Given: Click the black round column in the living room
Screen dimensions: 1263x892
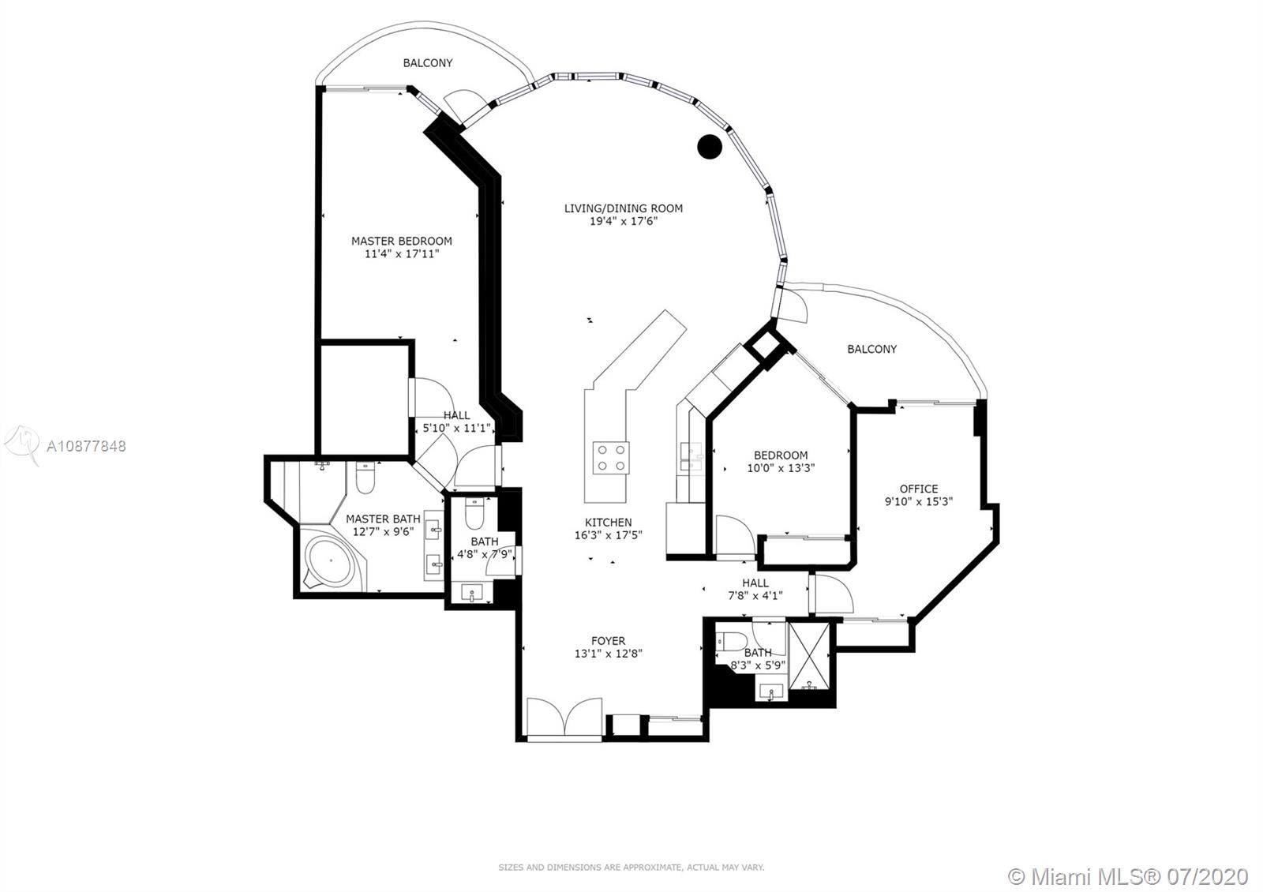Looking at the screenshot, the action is click(x=710, y=147).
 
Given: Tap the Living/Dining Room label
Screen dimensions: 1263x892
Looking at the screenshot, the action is click(x=623, y=208).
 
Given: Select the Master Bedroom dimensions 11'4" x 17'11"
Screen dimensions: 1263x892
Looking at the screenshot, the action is click(x=402, y=253).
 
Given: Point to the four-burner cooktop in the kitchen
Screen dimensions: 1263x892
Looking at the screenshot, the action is click(x=611, y=457).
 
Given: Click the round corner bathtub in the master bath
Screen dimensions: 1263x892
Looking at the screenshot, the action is click(x=332, y=560).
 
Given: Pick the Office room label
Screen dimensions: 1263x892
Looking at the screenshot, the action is click(x=919, y=489).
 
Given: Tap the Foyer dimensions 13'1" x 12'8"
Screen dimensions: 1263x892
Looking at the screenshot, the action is click(x=608, y=654).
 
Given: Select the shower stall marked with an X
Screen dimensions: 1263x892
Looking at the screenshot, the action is click(x=809, y=656).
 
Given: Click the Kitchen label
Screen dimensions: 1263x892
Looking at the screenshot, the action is click(x=608, y=522).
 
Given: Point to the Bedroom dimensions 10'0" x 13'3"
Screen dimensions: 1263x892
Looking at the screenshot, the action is click(x=781, y=468).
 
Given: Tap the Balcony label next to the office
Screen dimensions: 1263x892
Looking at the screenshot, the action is click(x=871, y=349).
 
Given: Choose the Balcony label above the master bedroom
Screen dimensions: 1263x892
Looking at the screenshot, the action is click(x=427, y=62).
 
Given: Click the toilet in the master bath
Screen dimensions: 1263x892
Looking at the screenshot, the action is click(x=365, y=477).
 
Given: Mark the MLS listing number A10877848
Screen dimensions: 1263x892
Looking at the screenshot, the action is click(x=86, y=447).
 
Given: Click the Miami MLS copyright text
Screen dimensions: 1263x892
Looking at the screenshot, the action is click(x=1128, y=876).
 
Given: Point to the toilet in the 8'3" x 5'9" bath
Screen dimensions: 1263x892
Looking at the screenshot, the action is click(x=731, y=640).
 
